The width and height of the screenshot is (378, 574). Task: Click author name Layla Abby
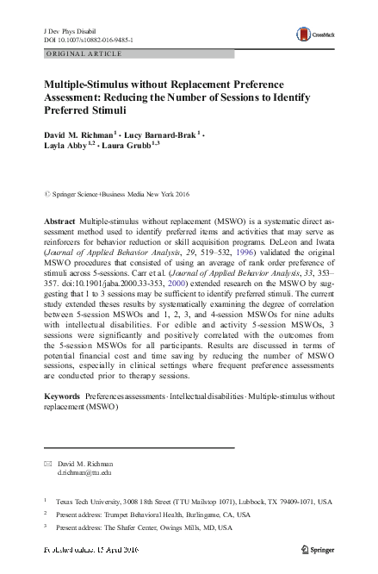coord(69,147)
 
